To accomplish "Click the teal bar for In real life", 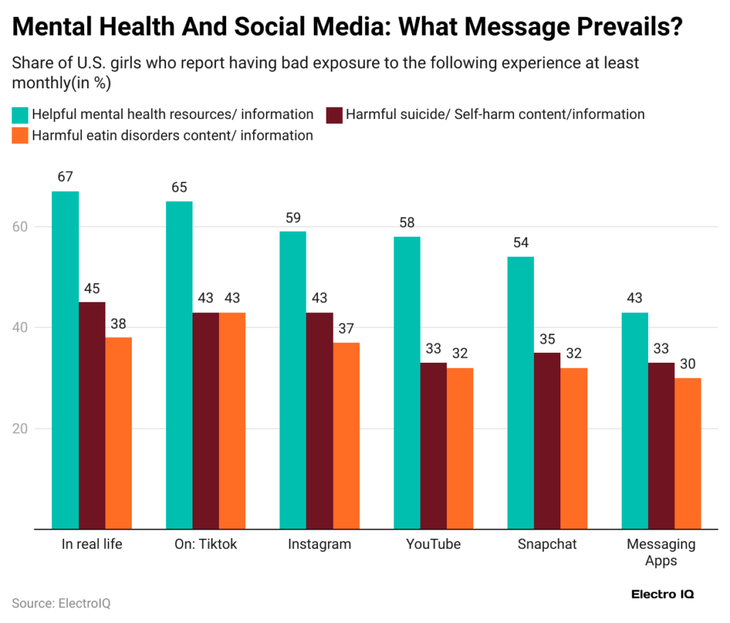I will [x=65, y=360].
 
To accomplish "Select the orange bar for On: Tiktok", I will [x=232, y=421].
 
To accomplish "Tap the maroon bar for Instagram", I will [x=319, y=421].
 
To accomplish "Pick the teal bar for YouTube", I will [x=406, y=383].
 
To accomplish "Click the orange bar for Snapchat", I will [x=574, y=448].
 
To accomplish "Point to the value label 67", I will [x=66, y=177].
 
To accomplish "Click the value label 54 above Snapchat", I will [x=520, y=242].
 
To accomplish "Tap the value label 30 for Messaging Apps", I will [x=688, y=364].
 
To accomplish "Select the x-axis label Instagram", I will [x=319, y=545].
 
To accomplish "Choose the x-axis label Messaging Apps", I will [x=661, y=552].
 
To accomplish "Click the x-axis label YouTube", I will [x=433, y=545].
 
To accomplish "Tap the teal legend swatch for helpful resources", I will [x=20, y=115].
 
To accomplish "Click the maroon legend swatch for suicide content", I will [x=334, y=115].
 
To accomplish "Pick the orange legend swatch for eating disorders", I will [x=20, y=135].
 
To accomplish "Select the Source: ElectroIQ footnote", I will [x=61, y=603].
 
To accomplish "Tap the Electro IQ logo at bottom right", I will [x=662, y=594].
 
